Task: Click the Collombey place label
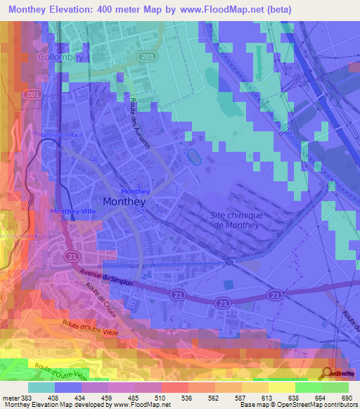click(x=60, y=56)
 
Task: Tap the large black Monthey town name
click(x=124, y=202)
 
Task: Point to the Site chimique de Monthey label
click(x=236, y=220)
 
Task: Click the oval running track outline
click(x=193, y=155)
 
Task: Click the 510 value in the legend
click(x=160, y=398)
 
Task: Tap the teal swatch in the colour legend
click(x=41, y=387)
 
